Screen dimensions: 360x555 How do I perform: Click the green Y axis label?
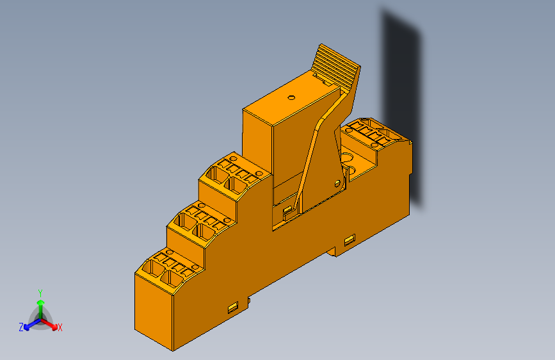coord(40,291)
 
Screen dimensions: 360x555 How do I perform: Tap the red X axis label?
coord(60,327)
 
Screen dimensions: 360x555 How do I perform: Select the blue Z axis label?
coord(21,327)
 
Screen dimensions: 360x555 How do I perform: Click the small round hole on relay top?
coord(291,98)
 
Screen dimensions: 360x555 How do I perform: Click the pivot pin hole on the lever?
coord(337,183)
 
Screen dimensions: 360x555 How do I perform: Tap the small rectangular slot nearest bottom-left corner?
coord(233,308)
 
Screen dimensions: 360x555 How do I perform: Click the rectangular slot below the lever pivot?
coord(349,241)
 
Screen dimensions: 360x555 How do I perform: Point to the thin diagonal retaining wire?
coord(307,167)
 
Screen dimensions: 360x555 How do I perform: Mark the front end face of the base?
coord(154,307)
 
